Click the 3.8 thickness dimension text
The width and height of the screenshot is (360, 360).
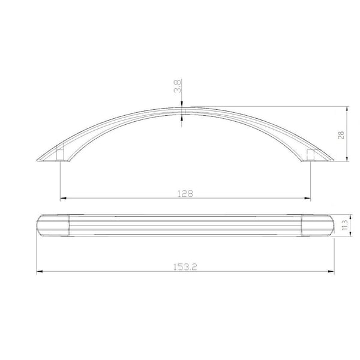(x=178, y=86)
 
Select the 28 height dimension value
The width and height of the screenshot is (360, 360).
(x=341, y=135)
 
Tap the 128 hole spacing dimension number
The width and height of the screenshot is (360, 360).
(x=185, y=194)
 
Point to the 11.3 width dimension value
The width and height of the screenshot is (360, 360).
(x=344, y=225)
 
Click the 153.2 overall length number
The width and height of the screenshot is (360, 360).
(x=185, y=267)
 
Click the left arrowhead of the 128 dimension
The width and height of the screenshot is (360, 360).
(x=63, y=198)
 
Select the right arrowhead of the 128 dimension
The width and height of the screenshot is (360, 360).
(x=307, y=198)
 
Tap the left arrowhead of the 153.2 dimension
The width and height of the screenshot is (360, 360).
(x=40, y=271)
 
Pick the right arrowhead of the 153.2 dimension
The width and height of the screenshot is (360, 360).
(x=331, y=271)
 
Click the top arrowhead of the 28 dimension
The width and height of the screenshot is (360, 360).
(x=347, y=110)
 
